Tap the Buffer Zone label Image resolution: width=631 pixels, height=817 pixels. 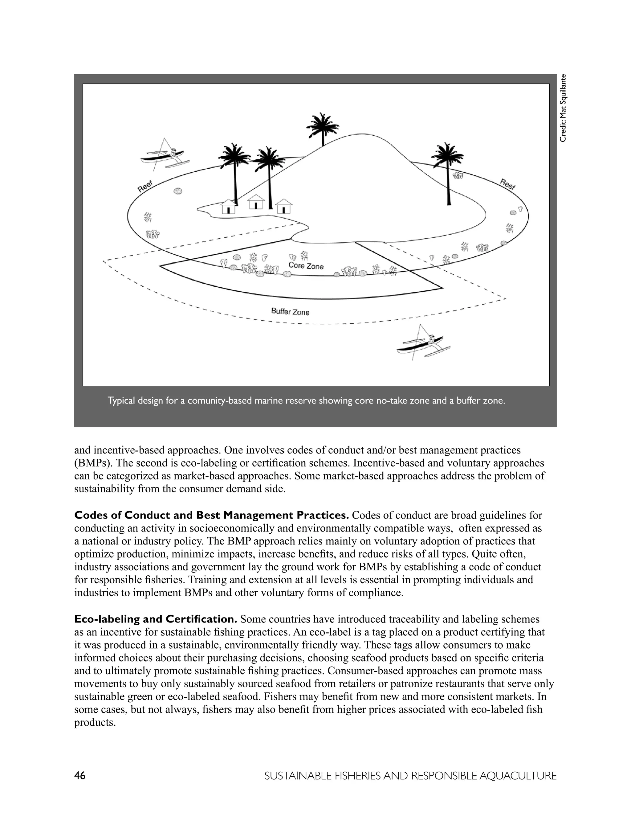click(x=290, y=311)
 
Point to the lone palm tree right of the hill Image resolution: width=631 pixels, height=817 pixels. click(x=448, y=172)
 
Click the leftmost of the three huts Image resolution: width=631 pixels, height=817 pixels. click(x=228, y=207)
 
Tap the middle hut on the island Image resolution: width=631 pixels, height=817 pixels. click(x=256, y=202)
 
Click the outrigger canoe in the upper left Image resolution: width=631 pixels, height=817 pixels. click(x=165, y=157)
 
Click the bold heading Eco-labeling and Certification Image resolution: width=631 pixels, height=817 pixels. click(x=156, y=619)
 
